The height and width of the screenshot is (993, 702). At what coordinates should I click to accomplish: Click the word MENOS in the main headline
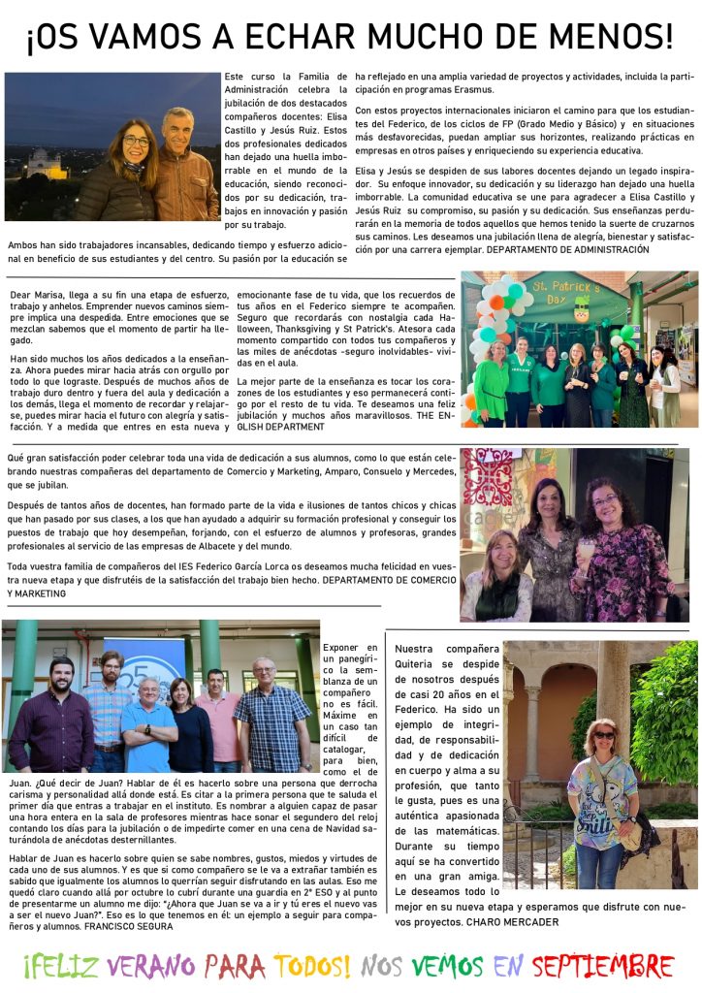tap(610, 38)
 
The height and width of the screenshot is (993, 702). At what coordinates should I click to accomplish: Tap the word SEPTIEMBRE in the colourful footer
tap(603, 966)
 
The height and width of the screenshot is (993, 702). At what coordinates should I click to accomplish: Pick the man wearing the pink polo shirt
tap(217, 718)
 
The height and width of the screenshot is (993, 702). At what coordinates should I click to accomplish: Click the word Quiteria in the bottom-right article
tap(424, 664)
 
